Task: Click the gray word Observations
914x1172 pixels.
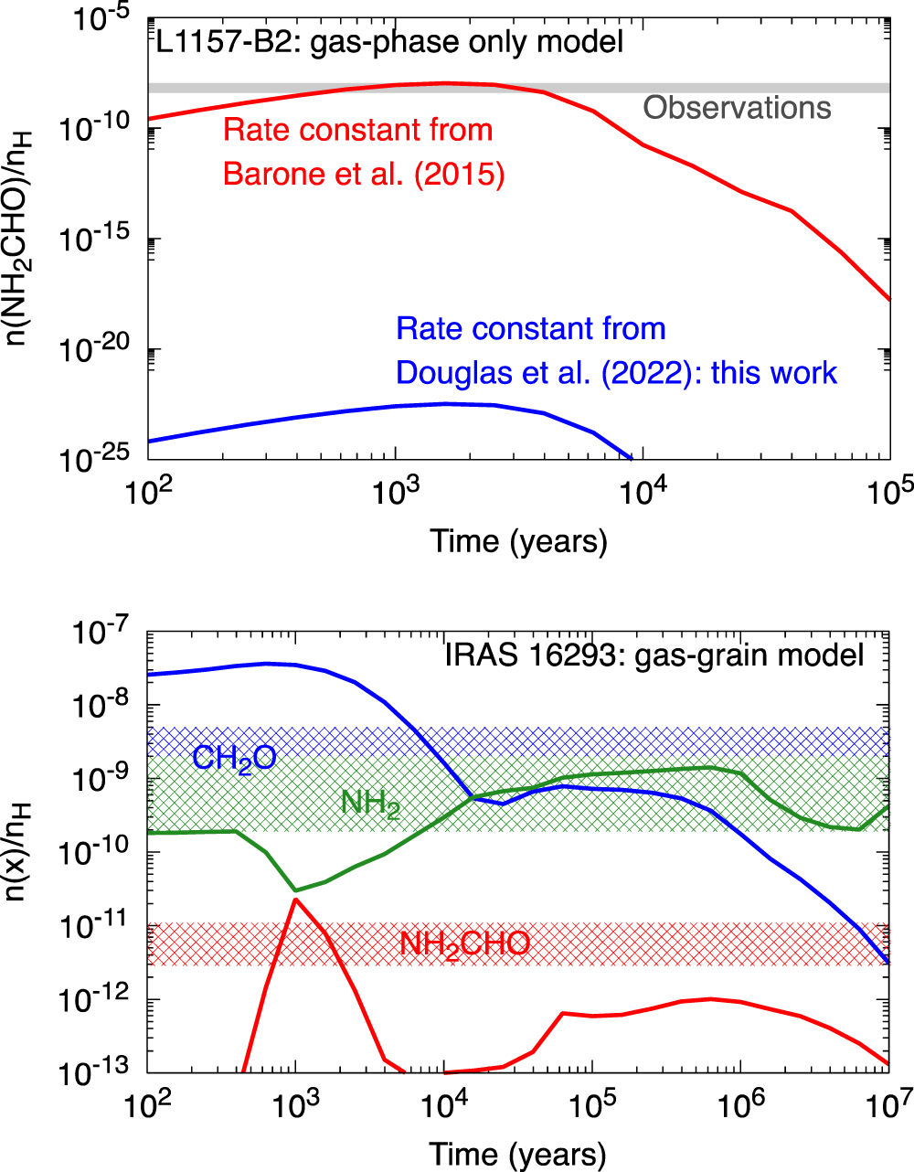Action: (737, 108)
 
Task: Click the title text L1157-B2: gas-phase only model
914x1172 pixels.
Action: (389, 41)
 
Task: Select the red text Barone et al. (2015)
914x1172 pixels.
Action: (364, 173)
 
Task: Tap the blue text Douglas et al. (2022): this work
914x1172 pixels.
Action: (616, 372)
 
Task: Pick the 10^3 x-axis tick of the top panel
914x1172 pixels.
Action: (395, 494)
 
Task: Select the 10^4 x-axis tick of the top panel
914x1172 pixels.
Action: (643, 494)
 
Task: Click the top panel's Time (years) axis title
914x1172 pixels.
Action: (518, 541)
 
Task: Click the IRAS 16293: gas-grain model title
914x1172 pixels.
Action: (654, 655)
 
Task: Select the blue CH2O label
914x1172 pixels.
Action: (234, 758)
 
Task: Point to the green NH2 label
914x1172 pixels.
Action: (370, 804)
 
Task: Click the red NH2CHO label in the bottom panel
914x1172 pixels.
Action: (464, 943)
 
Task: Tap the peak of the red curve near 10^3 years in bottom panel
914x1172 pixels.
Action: (295, 900)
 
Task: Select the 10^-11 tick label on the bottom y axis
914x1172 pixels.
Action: (100, 927)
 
